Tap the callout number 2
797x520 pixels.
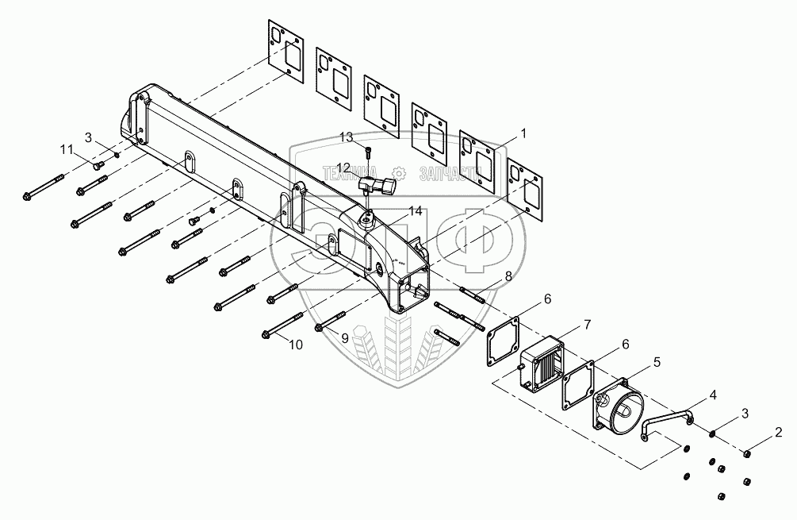click(779, 433)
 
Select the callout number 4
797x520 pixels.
click(713, 394)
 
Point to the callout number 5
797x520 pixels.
click(656, 362)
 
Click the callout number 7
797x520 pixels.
click(587, 324)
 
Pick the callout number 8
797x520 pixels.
click(508, 276)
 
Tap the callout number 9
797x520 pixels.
click(344, 337)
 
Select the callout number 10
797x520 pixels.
click(295, 345)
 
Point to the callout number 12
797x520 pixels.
click(343, 167)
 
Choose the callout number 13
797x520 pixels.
click(346, 137)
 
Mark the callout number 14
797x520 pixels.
click(416, 211)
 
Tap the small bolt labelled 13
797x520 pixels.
click(367, 152)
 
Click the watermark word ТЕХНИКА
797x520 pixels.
click(351, 171)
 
